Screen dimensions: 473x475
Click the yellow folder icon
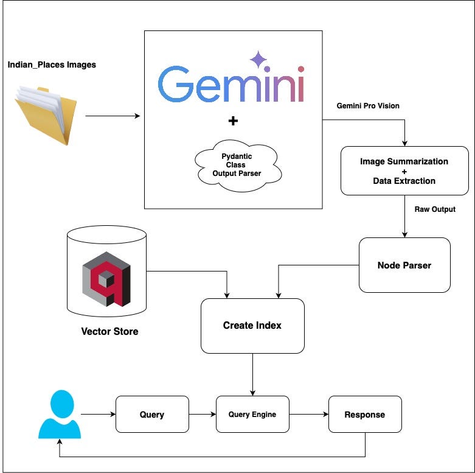pos(46,115)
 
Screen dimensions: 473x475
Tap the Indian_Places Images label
pos(52,65)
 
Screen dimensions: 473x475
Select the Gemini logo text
pos(231,84)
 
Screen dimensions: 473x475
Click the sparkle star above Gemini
pos(258,60)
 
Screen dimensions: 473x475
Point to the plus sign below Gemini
pos(232,121)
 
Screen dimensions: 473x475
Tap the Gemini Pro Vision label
pos(368,106)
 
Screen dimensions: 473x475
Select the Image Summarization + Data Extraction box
pos(404,171)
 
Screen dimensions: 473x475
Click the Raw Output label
pos(435,209)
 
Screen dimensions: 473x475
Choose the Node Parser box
pos(404,265)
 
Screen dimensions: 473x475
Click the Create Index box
pos(252,326)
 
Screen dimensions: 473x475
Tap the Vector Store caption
pos(109,332)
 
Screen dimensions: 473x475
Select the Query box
pos(152,415)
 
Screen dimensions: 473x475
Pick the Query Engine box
pos(252,415)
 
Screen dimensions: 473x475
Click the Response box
pos(365,415)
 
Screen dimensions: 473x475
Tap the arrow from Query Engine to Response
pos(308,415)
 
